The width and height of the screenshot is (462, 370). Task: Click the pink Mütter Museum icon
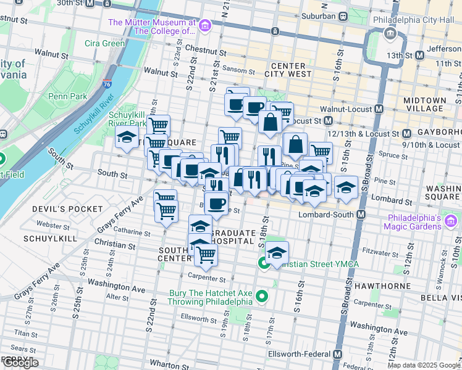pyautogui.click(x=205, y=26)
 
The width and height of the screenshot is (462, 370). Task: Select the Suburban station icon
pyautogui.click(x=343, y=15)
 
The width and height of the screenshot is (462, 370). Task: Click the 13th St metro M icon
pyautogui.click(x=420, y=55)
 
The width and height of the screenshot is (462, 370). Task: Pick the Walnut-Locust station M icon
pyautogui.click(x=379, y=109)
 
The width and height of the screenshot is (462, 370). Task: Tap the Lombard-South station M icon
pyautogui.click(x=361, y=215)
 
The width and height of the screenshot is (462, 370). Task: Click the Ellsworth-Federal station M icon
pyautogui.click(x=337, y=355)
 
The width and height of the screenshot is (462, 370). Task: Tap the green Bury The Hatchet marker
pyautogui.click(x=262, y=297)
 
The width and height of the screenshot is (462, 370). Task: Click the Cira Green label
pyautogui.click(x=105, y=44)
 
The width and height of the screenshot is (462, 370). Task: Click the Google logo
pyautogui.click(x=20, y=363)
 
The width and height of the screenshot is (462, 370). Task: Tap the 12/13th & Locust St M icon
pyautogui.click(x=407, y=133)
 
